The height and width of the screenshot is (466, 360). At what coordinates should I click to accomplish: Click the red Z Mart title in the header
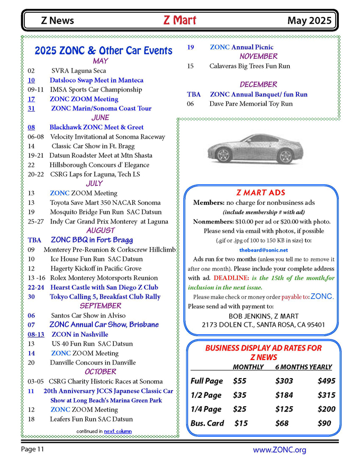[x=179, y=21]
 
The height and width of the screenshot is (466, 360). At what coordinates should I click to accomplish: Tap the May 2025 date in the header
[x=310, y=21]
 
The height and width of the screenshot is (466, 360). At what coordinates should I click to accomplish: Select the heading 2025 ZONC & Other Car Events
[x=104, y=51]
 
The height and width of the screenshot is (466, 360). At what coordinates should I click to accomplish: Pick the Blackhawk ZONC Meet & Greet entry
[x=96, y=127]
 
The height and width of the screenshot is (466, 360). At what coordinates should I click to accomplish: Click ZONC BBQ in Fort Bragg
[x=92, y=240]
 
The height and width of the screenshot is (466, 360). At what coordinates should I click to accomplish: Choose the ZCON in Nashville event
[x=80, y=334]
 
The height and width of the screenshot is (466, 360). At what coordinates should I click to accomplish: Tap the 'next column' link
[x=118, y=431]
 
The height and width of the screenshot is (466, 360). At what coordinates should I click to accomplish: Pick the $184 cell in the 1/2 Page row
[x=284, y=395]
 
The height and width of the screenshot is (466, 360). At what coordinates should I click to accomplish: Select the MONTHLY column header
[x=248, y=367]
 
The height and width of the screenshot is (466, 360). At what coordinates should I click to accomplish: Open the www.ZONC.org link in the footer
[x=280, y=450]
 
